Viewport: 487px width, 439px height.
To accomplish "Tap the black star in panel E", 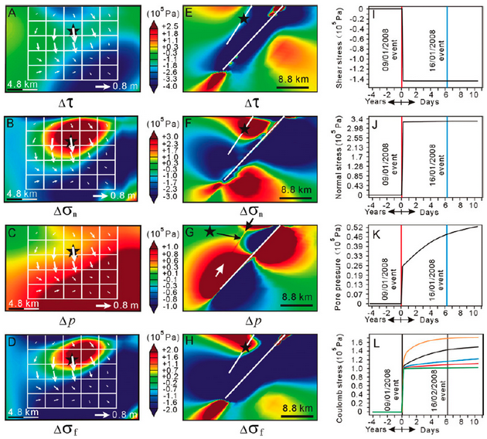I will (x=243, y=18).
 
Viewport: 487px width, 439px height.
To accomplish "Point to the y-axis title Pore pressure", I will (x=340, y=267).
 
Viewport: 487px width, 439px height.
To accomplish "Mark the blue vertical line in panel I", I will (x=448, y=46).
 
